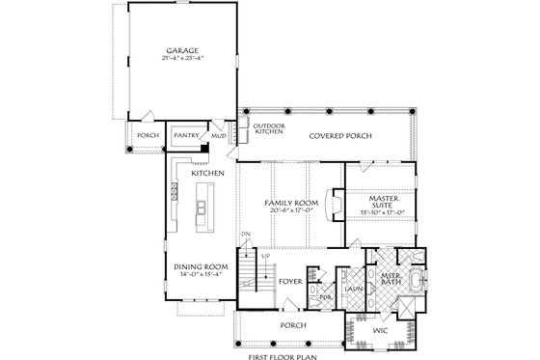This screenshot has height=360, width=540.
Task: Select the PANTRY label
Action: (x=185, y=136)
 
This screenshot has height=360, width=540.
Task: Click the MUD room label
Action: (x=218, y=136)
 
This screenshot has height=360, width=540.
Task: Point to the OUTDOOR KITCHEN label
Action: (x=268, y=129)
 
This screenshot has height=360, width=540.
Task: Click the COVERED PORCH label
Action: (x=336, y=136)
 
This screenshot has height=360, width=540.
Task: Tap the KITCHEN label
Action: (x=209, y=173)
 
